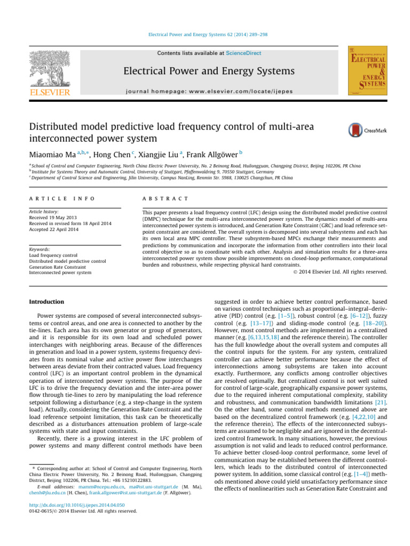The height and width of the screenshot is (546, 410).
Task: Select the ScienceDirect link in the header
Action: pos(224,54)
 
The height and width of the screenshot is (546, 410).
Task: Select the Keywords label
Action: pos(43,249)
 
